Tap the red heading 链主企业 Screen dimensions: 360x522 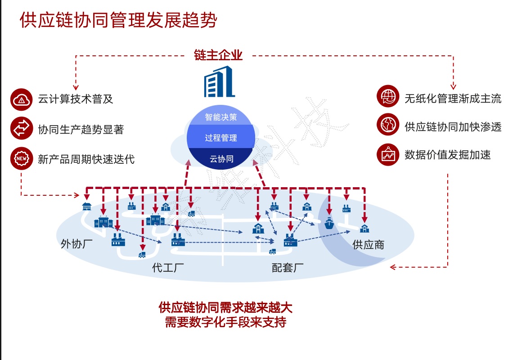pyautogui.click(x=219, y=55)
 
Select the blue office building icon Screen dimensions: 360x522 pyautogui.click(x=219, y=81)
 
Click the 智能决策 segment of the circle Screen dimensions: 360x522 pyautogui.click(x=221, y=117)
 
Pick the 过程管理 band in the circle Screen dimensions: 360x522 pyautogui.click(x=221, y=138)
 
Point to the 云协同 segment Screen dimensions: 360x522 pyautogui.click(x=221, y=158)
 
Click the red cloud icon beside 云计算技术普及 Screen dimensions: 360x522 pyautogui.click(x=22, y=100)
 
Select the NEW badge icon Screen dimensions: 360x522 pyautogui.click(x=22, y=158)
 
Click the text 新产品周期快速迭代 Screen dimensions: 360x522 pyautogui.click(x=86, y=159)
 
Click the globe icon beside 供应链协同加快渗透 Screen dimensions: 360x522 pyautogui.click(x=388, y=126)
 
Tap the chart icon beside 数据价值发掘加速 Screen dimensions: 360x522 pyautogui.click(x=388, y=155)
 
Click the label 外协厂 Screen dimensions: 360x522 pyautogui.click(x=76, y=244)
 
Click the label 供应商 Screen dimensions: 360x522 pyautogui.click(x=368, y=245)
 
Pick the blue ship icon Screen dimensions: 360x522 pyautogui.click(x=329, y=222)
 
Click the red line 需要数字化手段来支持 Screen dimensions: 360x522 pyautogui.click(x=225, y=322)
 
